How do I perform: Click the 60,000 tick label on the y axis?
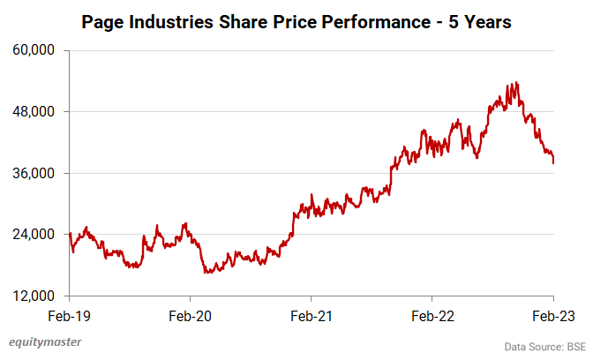tap(36, 50)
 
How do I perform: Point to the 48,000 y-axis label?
tap(36, 112)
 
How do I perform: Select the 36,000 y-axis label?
tap(36, 173)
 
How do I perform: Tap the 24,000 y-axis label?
tap(36, 235)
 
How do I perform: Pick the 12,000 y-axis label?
tap(36, 296)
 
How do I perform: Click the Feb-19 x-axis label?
tap(70, 314)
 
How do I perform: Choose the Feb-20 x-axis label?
tap(191, 314)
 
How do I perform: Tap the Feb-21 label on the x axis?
tap(312, 314)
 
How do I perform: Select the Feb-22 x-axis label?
tap(432, 314)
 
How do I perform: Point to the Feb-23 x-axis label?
tap(553, 314)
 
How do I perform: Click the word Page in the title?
tap(102, 21)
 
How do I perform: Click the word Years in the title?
tap(485, 21)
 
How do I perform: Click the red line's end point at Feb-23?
tap(553, 163)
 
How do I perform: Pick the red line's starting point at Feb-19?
tap(70, 233)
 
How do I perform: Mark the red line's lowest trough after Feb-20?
tap(208, 273)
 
